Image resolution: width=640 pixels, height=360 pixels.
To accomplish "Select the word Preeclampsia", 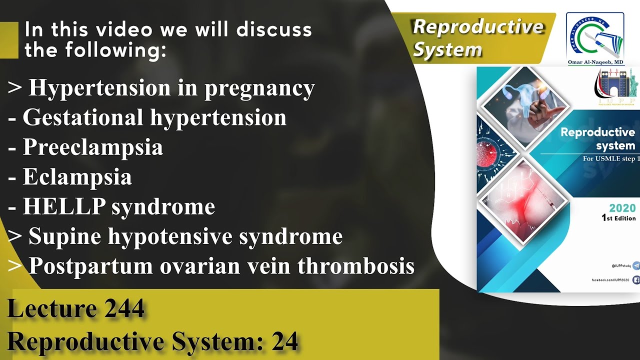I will pyautogui.click(x=93, y=147).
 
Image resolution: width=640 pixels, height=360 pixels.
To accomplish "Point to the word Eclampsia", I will pyautogui.click(x=77, y=177).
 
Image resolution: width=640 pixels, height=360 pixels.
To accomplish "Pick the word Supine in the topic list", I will pyautogui.click(x=65, y=236).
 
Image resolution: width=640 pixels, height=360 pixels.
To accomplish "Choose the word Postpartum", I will pyautogui.click(x=91, y=266).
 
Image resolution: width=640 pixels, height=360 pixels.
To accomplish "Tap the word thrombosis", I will pyautogui.click(x=356, y=266).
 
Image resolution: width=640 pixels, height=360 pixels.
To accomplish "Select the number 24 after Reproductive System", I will pyautogui.click(x=285, y=341).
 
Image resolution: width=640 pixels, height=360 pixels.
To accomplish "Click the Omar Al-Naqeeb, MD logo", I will pyautogui.click(x=595, y=37).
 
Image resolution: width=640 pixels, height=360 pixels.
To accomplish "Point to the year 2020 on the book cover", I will pyautogui.click(x=622, y=208).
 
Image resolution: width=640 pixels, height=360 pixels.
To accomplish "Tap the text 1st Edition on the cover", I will pyautogui.click(x=618, y=218).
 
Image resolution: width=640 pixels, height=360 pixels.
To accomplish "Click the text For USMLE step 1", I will pyautogui.click(x=611, y=159).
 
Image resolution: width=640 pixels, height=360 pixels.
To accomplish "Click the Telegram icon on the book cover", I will pyautogui.click(x=636, y=265).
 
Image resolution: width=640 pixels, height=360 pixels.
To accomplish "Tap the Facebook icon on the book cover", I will pyautogui.click(x=636, y=280).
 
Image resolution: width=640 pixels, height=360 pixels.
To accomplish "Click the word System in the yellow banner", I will pyautogui.click(x=448, y=50).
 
